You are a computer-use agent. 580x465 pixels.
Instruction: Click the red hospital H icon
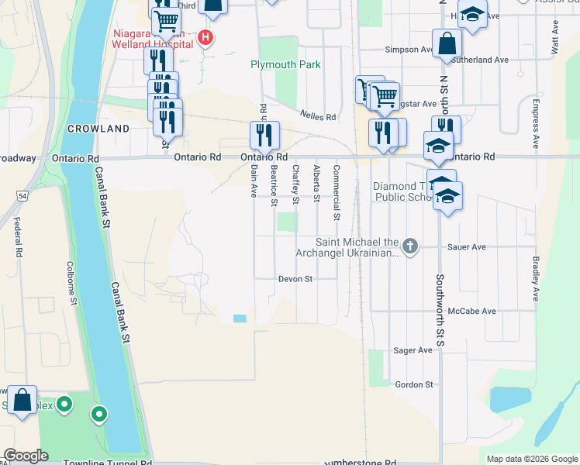pyautogui.click(x=205, y=36)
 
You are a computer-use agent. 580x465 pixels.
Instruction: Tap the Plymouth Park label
pyautogui.click(x=285, y=64)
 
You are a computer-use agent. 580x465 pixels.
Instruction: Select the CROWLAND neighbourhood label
pyautogui.click(x=98, y=128)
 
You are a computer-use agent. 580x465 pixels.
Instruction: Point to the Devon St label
pyautogui.click(x=296, y=279)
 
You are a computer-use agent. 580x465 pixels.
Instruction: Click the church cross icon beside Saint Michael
pyautogui.click(x=411, y=246)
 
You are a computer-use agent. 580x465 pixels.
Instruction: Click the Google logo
pyautogui.click(x=26, y=456)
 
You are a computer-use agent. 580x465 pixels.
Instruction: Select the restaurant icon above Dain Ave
pyautogui.click(x=264, y=135)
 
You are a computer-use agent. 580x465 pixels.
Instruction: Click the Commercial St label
pyautogui.click(x=337, y=185)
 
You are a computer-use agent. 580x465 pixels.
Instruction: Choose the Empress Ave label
pyautogui.click(x=536, y=122)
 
